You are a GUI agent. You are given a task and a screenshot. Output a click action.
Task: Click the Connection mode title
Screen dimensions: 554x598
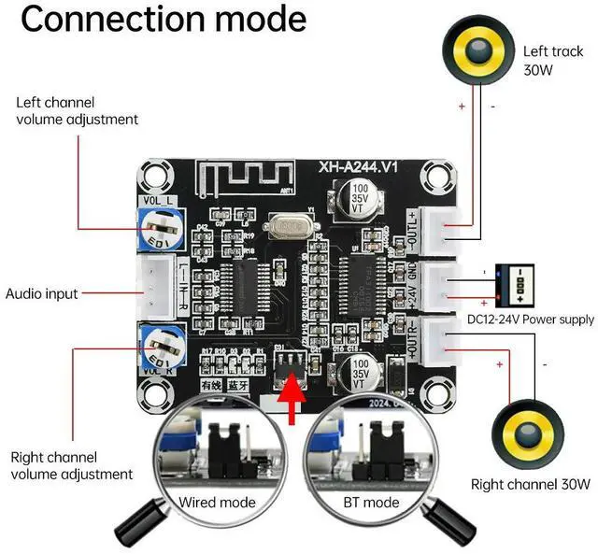(x=163, y=20)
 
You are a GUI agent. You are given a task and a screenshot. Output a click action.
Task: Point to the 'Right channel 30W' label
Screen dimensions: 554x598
(x=531, y=484)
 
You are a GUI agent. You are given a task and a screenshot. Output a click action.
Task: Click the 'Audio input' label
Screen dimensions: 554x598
(x=41, y=293)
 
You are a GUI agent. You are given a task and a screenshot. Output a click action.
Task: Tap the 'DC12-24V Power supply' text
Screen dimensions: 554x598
(x=530, y=320)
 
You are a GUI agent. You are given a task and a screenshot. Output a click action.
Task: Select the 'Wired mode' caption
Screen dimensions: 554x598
(x=216, y=502)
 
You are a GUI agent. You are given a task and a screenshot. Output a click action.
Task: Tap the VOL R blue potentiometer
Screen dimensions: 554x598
(x=156, y=346)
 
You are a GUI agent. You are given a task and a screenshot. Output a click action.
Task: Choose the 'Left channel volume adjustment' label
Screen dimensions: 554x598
(x=77, y=110)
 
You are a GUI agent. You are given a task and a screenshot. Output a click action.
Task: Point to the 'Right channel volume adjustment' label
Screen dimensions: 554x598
(x=71, y=465)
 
